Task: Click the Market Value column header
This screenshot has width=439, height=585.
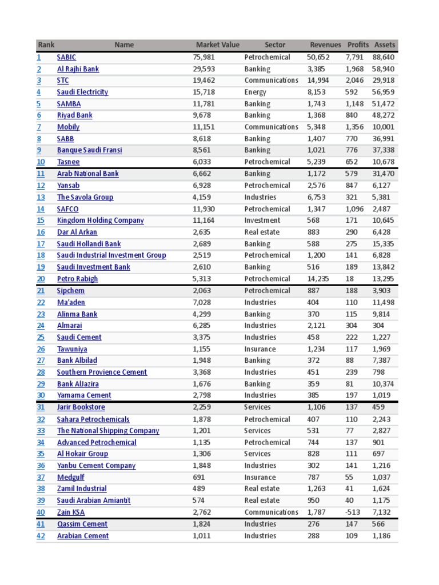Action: click(x=217, y=45)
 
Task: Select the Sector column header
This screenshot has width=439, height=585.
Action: click(x=275, y=45)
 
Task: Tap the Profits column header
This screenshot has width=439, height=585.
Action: click(x=358, y=45)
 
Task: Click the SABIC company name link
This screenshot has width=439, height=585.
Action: click(x=66, y=57)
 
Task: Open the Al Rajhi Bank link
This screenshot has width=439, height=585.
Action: click(x=78, y=69)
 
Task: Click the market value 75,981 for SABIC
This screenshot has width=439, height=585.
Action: click(x=205, y=57)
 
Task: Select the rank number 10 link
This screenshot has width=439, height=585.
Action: click(x=41, y=162)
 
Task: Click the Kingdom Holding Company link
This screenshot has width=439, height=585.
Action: click(x=100, y=221)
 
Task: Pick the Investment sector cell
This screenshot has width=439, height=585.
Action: click(x=262, y=221)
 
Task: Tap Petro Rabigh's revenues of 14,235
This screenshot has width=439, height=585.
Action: click(x=318, y=279)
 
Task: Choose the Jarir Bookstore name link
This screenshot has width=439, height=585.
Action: click(x=81, y=407)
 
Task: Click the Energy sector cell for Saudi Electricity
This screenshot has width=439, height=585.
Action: click(x=255, y=92)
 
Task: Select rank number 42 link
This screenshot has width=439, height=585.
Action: click(x=41, y=536)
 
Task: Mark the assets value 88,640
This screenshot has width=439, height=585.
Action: click(x=384, y=57)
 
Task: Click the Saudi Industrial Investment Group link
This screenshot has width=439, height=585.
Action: click(x=111, y=255)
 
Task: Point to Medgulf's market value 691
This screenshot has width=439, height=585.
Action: click(x=198, y=477)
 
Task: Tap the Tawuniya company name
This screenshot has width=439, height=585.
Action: click(x=72, y=349)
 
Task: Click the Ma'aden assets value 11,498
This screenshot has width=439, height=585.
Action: click(x=384, y=302)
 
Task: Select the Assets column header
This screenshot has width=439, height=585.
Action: click(x=384, y=45)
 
